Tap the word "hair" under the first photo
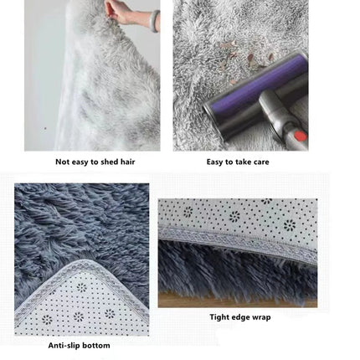coord(128,162)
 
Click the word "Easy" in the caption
coord(214,162)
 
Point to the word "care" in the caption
coord(261,162)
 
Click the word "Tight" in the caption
coord(219,317)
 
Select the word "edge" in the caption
coord(239,317)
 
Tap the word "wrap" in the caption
coord(260,317)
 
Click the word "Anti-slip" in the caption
coord(63,345)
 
